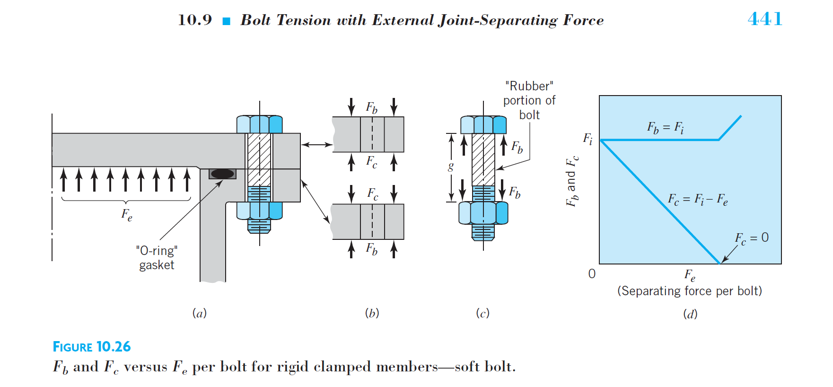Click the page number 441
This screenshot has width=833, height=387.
pos(765,19)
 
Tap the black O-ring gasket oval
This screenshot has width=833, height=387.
pos(222,174)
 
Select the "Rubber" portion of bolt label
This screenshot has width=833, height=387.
pos(529,100)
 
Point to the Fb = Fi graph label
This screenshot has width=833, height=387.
pos(666,127)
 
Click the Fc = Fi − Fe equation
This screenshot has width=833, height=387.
pos(698,199)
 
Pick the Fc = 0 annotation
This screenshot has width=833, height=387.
pos(752,238)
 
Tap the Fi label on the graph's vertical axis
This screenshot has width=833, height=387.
pos(587,139)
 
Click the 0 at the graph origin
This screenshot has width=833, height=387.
pos(592,274)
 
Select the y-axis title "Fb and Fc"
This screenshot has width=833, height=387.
pos(572,181)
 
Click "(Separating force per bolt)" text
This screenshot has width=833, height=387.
pos(690,291)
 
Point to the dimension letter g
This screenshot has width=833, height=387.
pos(451,167)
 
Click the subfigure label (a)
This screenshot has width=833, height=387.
pos(200,313)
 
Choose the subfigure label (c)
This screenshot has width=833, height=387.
pos(482,313)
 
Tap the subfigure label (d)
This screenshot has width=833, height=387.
pos(690,314)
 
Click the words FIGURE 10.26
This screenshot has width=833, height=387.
pos(92,347)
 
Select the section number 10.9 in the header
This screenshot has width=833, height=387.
pos(195,20)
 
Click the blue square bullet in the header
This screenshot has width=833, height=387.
pos(227,21)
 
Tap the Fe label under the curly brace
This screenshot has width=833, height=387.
pos(126,215)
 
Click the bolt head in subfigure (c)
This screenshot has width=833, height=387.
pos(483,124)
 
